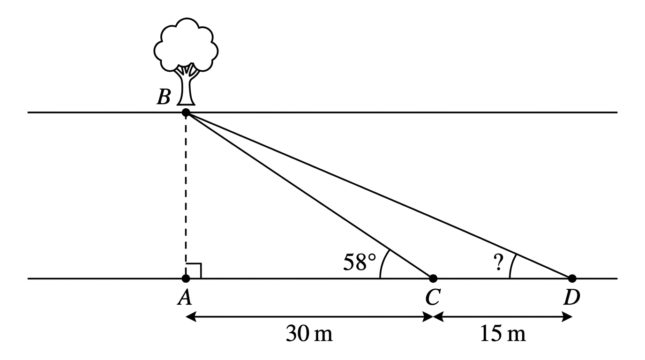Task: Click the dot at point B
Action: point(186,112)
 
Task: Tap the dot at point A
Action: point(186,278)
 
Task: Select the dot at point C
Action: point(433,278)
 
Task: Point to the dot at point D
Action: point(572,278)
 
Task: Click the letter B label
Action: point(164,97)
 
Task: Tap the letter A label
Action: point(185,297)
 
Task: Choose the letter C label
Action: point(433,297)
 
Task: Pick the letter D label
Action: point(572,297)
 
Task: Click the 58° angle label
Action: point(360,262)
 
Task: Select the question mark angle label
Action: point(498,262)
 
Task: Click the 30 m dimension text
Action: point(309,333)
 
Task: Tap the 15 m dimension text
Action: point(503,333)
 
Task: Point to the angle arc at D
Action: point(511,266)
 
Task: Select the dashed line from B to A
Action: point(186,195)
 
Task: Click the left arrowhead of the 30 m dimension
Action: point(191,317)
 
